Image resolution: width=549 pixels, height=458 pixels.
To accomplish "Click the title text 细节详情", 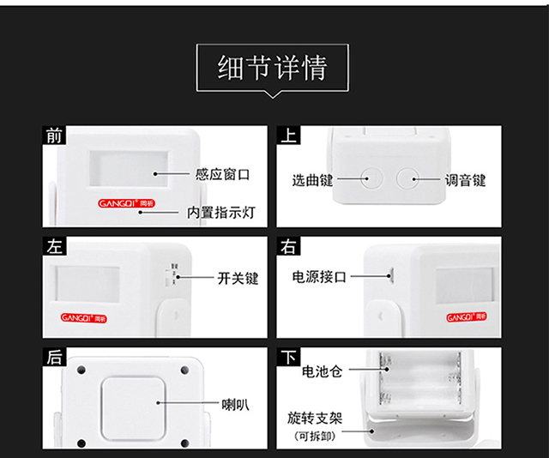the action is [273, 68].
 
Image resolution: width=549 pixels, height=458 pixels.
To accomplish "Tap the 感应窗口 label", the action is [222, 174].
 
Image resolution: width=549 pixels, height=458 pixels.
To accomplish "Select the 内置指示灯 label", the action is [221, 213].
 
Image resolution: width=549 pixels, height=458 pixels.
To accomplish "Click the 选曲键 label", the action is [312, 180].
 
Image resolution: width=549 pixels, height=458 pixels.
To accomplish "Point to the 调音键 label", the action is [465, 180].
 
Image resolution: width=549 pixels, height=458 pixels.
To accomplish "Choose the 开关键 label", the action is [238, 279].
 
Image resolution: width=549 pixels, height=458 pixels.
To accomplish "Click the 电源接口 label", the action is [319, 277].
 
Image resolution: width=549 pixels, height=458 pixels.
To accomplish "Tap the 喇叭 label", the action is [235, 405].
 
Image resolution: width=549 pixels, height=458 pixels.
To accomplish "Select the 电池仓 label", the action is [323, 371].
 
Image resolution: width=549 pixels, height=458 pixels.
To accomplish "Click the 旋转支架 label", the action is [315, 418].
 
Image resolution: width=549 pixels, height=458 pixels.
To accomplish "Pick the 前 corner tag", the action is [54, 136].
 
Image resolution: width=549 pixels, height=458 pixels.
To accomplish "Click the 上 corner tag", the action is [288, 136].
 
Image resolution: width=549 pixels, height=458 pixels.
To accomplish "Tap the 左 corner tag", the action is [54, 246].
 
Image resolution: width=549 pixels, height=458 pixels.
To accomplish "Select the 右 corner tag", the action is [288, 246].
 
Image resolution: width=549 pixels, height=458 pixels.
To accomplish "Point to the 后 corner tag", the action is [54, 357].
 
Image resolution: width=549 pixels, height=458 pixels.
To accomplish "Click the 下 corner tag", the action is [288, 357].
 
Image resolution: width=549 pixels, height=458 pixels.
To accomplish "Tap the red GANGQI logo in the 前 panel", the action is [126, 203].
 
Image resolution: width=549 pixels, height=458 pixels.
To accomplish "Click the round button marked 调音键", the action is [407, 178].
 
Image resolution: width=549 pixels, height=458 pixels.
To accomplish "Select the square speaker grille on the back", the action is [134, 409].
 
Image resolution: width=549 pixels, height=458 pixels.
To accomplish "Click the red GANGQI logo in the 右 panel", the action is [467, 317].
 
